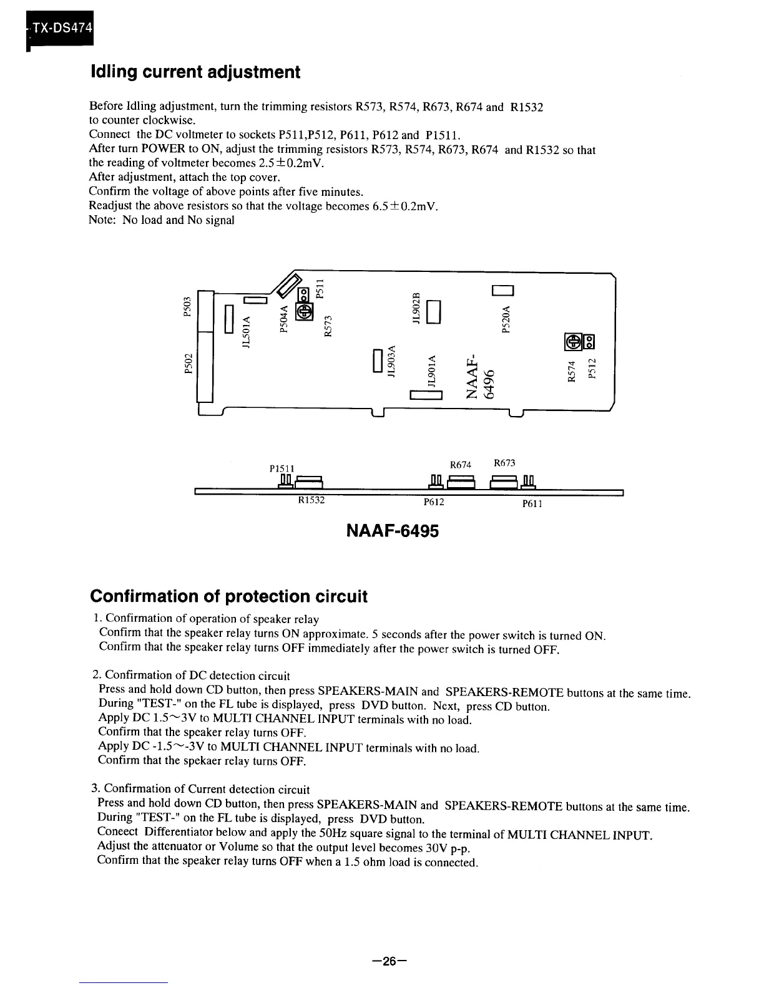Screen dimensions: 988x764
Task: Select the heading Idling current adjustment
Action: pos(195,72)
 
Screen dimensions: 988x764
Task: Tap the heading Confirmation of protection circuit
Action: pos(228,596)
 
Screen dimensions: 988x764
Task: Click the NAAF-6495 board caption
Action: pos(393,531)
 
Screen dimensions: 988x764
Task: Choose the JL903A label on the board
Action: pos(391,362)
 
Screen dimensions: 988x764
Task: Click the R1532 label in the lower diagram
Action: pos(311,500)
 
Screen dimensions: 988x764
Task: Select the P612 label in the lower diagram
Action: pos(434,501)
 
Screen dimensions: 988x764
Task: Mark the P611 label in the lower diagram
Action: pos(532,503)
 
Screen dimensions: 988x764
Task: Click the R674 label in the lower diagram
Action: pos(460,465)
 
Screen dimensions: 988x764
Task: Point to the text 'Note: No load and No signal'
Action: pos(162,220)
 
